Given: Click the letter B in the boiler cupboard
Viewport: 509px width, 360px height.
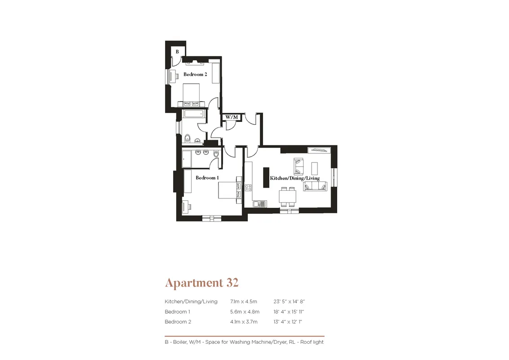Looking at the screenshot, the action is (177, 52).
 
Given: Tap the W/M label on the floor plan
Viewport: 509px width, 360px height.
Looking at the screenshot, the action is (232, 117).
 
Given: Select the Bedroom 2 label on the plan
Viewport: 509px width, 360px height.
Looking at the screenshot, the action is (195, 74).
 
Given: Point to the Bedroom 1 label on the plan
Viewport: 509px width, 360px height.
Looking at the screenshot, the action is (207, 178).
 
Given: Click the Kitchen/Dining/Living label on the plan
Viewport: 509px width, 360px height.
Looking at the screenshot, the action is (295, 178).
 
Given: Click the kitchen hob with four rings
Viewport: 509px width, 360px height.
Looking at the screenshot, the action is (248, 188).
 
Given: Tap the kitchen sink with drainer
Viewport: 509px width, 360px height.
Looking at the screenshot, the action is (259, 204).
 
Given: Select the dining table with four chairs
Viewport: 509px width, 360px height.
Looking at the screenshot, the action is (288, 197).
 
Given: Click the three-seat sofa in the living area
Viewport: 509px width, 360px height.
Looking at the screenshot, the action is (315, 186).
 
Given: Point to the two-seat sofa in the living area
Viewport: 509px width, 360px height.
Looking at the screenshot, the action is (299, 166).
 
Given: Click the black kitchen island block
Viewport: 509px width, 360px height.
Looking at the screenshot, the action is (266, 177).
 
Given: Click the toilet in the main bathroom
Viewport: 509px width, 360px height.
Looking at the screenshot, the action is (187, 139).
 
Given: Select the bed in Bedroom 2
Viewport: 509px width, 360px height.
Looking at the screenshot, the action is (191, 94).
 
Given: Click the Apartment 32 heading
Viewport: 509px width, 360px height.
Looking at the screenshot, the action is (202, 283).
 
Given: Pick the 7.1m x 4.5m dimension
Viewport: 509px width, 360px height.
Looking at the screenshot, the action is (243, 301).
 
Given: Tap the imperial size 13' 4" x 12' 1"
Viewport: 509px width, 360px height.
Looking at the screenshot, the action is (288, 322).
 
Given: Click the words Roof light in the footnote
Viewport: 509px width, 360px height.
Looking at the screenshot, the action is (312, 342).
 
